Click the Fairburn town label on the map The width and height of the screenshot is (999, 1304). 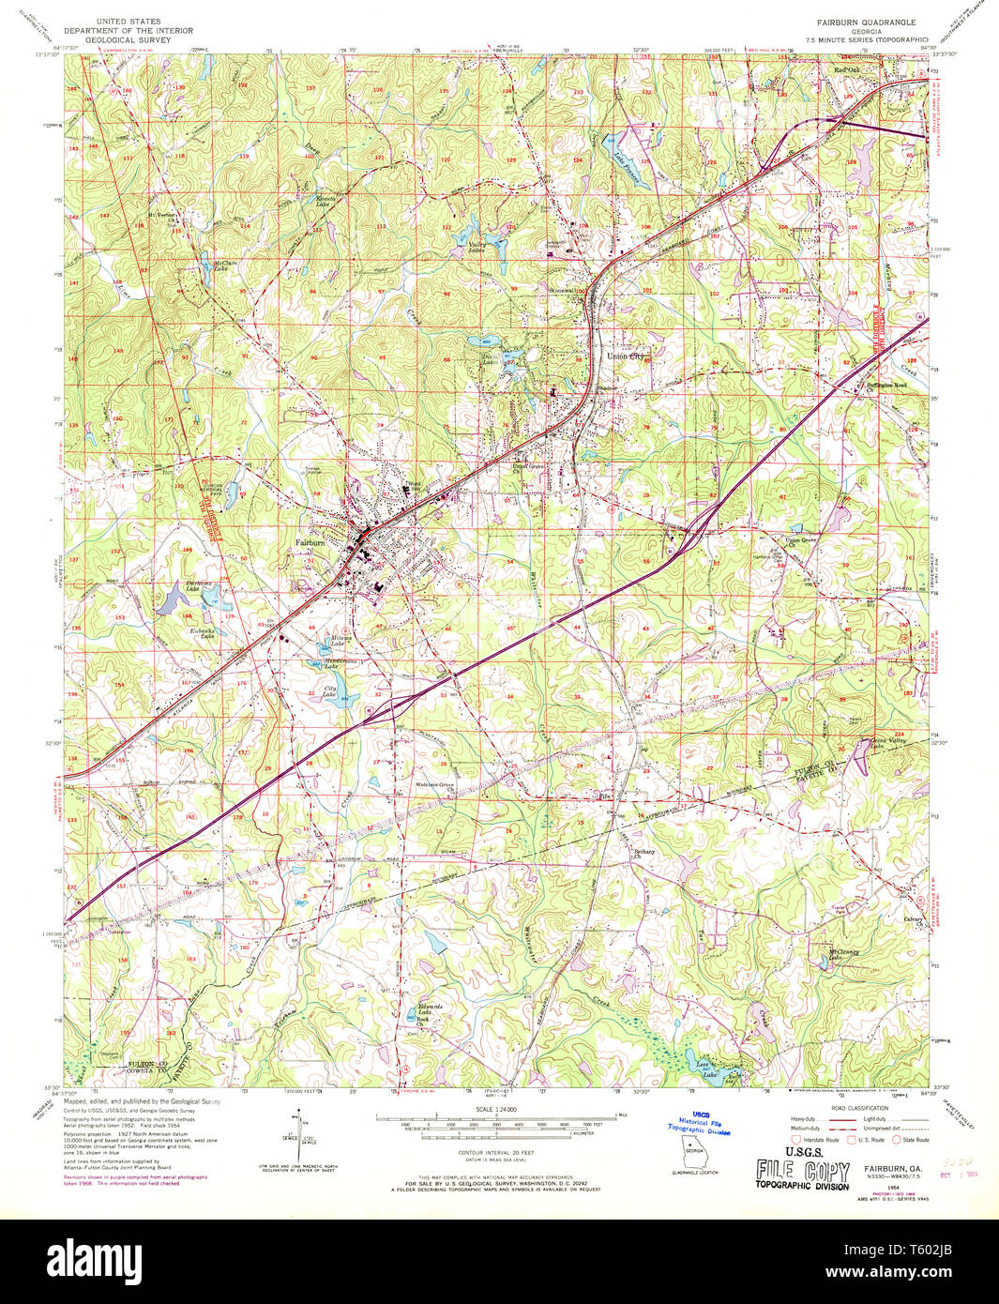click(x=310, y=542)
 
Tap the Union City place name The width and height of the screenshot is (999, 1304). click(x=626, y=356)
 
